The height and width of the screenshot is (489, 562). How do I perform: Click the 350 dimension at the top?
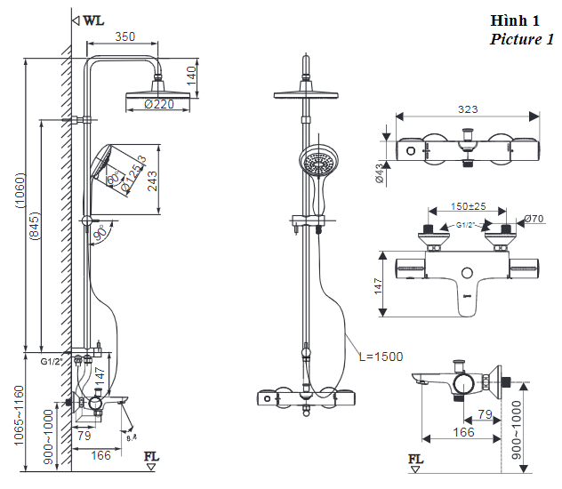[124, 37]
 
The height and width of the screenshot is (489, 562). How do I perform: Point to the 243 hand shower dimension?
[152, 180]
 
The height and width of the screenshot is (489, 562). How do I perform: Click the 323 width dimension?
[468, 109]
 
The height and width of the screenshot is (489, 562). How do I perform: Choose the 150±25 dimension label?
[468, 206]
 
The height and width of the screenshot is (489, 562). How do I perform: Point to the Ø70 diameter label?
[534, 219]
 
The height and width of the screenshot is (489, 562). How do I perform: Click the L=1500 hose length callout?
[381, 357]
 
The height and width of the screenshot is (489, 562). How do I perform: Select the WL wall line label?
[93, 20]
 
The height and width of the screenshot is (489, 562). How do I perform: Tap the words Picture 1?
[522, 39]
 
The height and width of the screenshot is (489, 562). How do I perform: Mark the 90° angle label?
[100, 233]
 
